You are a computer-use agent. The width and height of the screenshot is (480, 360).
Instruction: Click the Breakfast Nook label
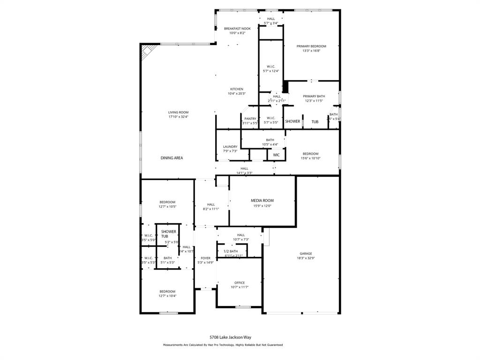tap(237, 29)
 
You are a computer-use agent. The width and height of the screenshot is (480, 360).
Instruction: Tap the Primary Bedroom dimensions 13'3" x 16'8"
tap(311, 51)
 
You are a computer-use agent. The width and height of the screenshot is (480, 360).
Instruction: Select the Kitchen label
tap(236, 89)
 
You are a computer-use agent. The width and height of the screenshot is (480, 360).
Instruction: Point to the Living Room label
tap(178, 112)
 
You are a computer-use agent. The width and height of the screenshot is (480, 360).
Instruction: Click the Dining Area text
tap(172, 158)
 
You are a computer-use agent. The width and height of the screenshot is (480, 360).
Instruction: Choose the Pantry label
tap(250, 119)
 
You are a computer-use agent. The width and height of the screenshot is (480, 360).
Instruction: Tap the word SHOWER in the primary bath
tap(292, 121)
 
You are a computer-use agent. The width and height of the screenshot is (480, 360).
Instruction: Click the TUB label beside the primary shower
tap(315, 122)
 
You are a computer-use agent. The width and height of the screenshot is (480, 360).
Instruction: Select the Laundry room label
tap(230, 147)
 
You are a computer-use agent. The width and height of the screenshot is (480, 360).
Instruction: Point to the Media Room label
tap(262, 200)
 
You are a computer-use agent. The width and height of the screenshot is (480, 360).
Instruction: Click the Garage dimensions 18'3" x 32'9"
tap(306, 258)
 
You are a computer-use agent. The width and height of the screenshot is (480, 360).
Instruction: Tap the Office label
tap(240, 283)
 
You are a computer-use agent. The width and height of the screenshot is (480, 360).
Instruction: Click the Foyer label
tap(206, 258)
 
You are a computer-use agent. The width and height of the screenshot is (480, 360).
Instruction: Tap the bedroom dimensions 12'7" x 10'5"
tap(167, 206)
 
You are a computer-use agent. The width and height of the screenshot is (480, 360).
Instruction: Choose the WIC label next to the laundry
tap(277, 155)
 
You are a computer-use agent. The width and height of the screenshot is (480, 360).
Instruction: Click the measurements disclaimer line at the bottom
tap(223, 345)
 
